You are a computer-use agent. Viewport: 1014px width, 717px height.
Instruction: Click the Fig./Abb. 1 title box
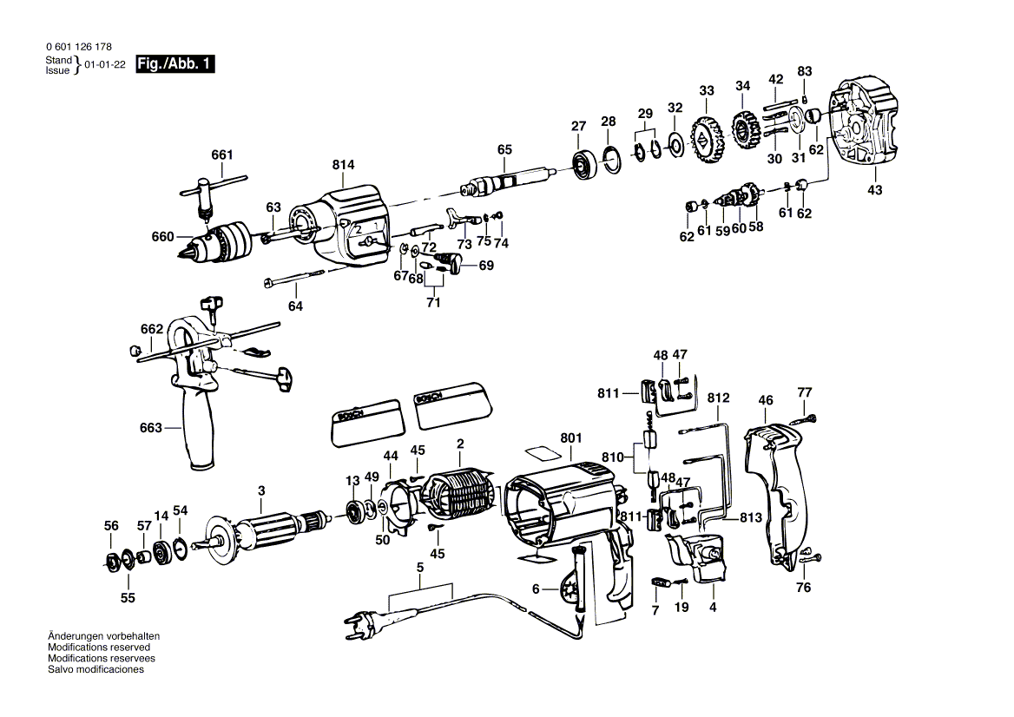175,63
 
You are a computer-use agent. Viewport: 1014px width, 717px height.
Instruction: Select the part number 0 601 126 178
77,47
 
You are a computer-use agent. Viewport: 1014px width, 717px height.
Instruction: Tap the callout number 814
343,165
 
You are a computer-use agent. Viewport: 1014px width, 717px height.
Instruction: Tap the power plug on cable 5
370,621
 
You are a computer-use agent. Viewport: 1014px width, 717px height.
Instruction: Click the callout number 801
570,439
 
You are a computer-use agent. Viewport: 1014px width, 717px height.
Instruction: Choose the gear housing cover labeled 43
868,122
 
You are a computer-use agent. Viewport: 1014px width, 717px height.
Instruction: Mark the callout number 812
718,398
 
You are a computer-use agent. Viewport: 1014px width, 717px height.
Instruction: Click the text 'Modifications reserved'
99,648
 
